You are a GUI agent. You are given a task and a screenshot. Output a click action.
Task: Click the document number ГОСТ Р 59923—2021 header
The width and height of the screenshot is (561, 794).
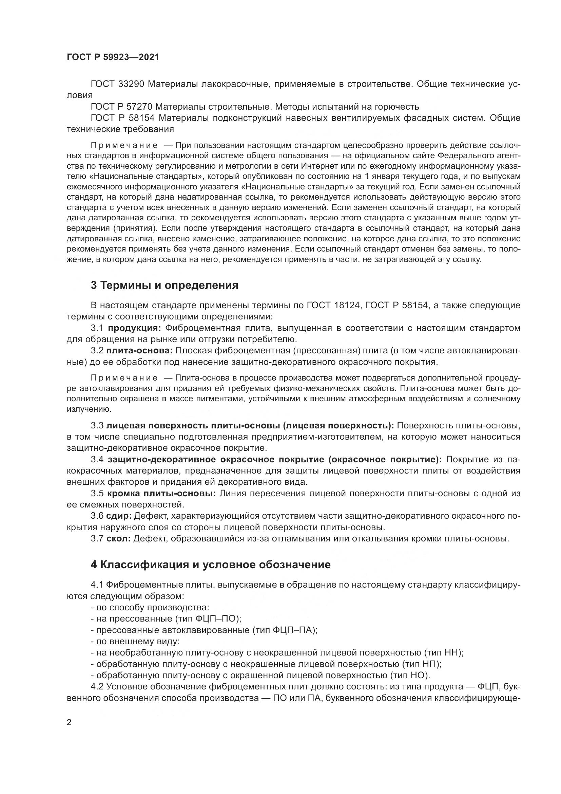[x=113, y=57]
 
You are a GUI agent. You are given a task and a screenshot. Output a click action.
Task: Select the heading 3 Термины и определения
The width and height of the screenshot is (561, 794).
[x=165, y=285]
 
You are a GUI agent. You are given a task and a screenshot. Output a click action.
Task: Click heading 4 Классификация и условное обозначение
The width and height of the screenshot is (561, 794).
[x=210, y=565]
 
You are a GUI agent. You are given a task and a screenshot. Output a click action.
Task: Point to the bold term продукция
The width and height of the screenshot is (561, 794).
[x=134, y=328]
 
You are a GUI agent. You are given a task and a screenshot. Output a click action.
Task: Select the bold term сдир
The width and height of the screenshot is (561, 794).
[x=119, y=516]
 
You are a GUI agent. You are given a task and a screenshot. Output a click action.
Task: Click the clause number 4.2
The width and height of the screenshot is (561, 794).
[x=97, y=686]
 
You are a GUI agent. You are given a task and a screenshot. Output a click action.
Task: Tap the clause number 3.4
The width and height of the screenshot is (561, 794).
[x=97, y=460]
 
